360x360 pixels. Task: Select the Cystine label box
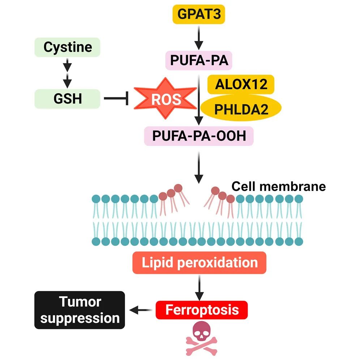[x=68, y=47]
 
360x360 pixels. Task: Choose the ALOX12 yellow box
[x=241, y=84]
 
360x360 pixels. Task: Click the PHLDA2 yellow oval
[x=241, y=108]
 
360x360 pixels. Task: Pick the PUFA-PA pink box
[x=198, y=60]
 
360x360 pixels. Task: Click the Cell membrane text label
[x=278, y=186]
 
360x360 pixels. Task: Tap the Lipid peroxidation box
[x=200, y=262]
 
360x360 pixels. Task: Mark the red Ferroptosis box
[x=202, y=310]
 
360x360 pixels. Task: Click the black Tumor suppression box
[x=80, y=310]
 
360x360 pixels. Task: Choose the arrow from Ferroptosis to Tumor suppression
[x=141, y=310]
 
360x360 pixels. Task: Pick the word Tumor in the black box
[x=80, y=302]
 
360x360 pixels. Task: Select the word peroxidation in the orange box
[x=218, y=262]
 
